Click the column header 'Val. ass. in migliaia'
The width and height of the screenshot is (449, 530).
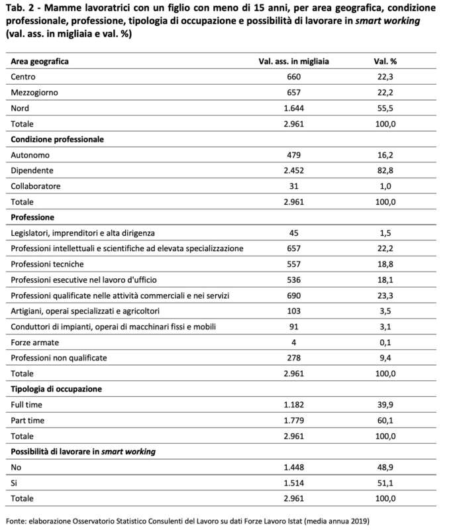tap(293, 61)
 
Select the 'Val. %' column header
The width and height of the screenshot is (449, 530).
tap(385, 61)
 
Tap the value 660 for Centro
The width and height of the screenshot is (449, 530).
tap(294, 77)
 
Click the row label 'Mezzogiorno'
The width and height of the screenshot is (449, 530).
tap(35, 92)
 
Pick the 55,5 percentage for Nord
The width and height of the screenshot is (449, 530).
tap(385, 108)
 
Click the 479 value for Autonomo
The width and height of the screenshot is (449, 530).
tap(294, 154)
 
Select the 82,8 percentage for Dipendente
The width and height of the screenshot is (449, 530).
tap(385, 170)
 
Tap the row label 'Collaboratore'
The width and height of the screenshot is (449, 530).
tap(36, 186)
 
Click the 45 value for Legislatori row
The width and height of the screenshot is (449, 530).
tap(294, 233)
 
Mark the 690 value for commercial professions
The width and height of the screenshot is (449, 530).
tap(294, 295)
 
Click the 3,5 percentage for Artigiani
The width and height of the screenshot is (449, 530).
tap(385, 311)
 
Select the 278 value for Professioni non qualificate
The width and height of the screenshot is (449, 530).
tap(294, 358)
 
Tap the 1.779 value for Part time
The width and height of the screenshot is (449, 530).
tap(294, 420)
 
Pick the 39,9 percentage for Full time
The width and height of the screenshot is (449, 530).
tap(385, 404)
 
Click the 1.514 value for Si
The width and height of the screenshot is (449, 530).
tap(294, 482)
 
